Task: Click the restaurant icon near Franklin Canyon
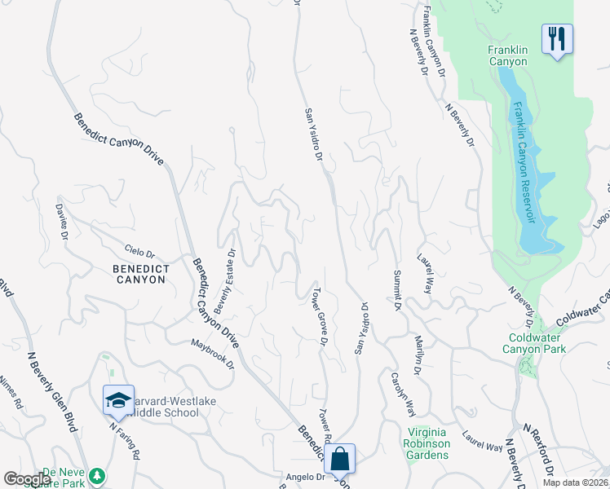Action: click(x=557, y=38)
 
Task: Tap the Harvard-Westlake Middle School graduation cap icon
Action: click(x=118, y=400)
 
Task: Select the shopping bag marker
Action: click(x=340, y=458)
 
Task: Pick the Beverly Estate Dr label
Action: click(x=225, y=281)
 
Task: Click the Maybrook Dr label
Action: click(x=214, y=352)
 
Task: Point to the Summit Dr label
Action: click(x=397, y=289)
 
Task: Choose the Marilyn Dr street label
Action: click(x=417, y=356)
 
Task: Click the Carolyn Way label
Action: click(x=400, y=395)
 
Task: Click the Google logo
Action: click(x=27, y=478)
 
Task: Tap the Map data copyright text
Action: click(x=575, y=482)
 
